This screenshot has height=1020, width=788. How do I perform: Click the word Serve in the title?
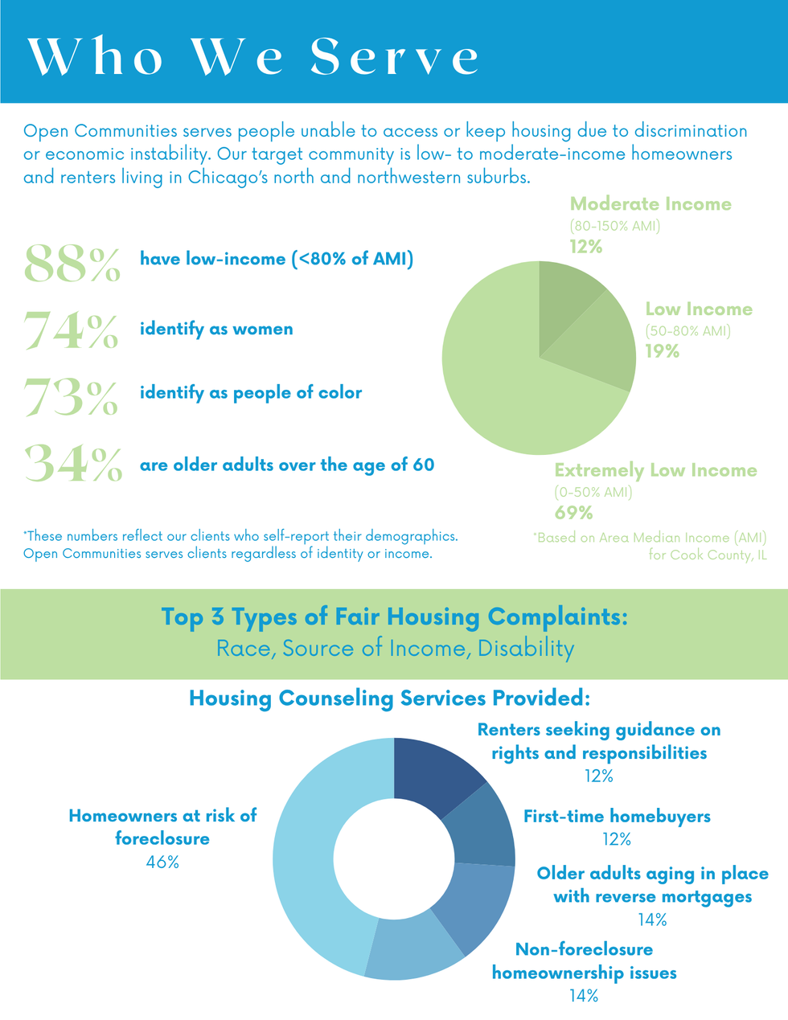pos(395,57)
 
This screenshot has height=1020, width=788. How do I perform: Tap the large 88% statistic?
pos(72,264)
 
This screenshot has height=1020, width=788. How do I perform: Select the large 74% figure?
pos(71,330)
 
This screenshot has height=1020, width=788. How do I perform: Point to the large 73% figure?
pos(71,396)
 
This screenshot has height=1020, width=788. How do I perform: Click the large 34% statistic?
pos(73,464)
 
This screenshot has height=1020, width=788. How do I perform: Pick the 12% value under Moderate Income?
pos(586,247)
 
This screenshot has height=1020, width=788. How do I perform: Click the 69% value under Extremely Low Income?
pos(573,513)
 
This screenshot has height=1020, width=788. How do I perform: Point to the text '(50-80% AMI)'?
pos(687,330)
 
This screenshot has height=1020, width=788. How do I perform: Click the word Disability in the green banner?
pos(526,649)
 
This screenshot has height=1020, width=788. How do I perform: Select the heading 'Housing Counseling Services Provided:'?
pos(390,698)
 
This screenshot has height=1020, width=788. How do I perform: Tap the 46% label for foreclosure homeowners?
pos(162,862)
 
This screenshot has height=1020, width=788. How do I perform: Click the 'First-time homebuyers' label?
pos(617,817)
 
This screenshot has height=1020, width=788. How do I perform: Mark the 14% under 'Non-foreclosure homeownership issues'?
pos(584,996)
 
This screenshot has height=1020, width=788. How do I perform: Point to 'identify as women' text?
pos(216,329)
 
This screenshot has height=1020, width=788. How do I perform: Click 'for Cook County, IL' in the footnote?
pos(707,555)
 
